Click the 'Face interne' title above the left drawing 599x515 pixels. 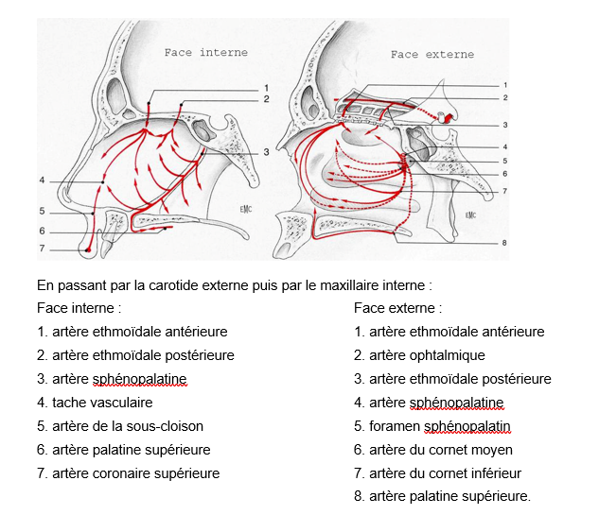pos(205,52)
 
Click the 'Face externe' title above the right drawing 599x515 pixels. pos(432,55)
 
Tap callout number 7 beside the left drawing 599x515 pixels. pos(42,249)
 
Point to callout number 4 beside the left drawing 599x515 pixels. pos(42,180)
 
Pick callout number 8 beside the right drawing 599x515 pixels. pos(504,243)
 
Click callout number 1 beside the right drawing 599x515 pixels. pos(504,85)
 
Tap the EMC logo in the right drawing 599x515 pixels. pos(470,215)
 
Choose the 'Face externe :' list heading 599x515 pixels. pos(397,308)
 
